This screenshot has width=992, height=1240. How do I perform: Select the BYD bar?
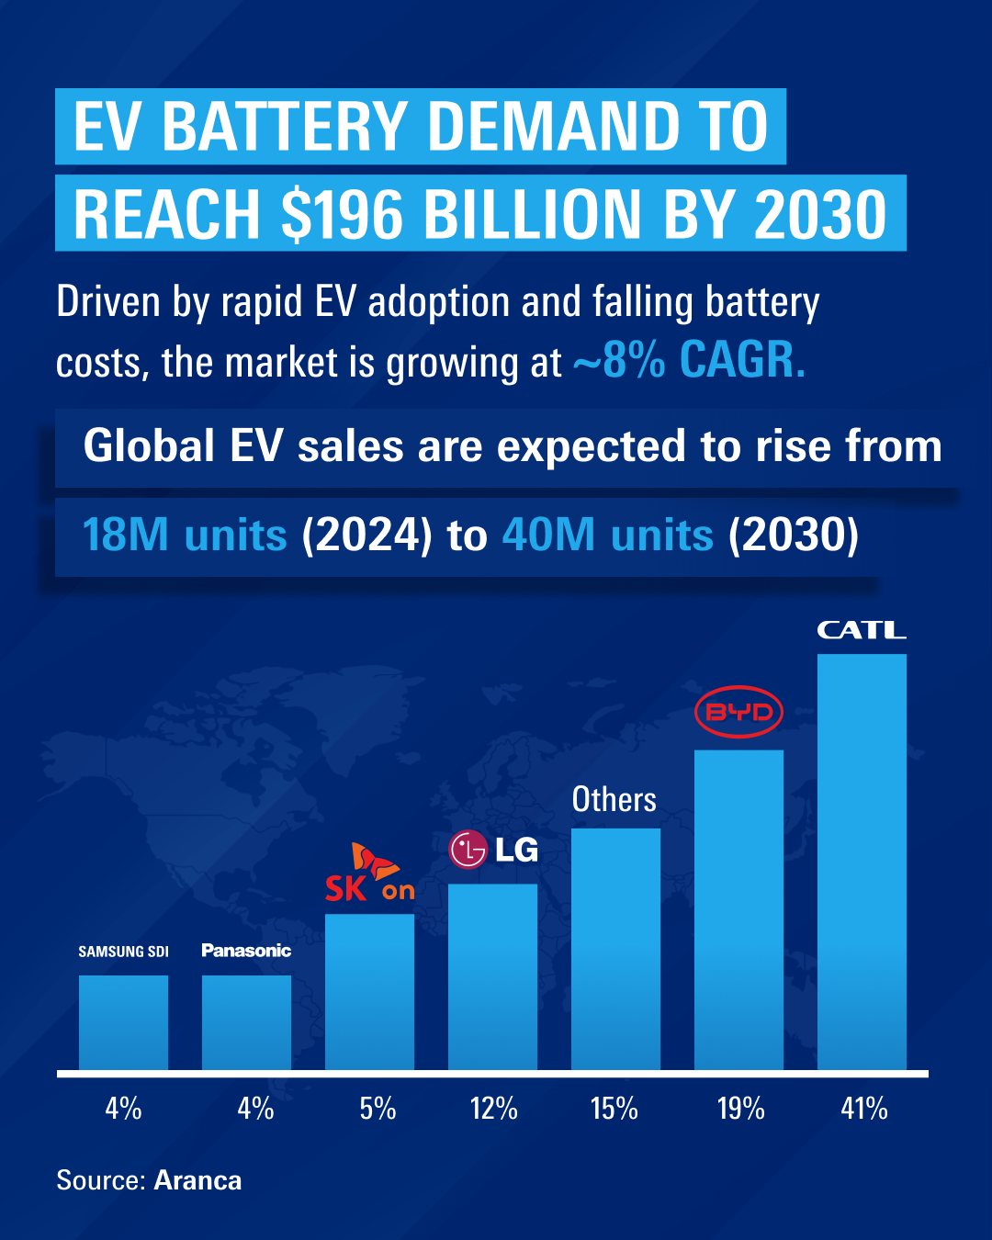click(x=738, y=909)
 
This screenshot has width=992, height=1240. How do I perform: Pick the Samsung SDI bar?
click(x=123, y=1022)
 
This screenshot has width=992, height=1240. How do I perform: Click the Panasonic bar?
click(x=246, y=1022)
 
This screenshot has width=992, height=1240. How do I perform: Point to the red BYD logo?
click(x=738, y=712)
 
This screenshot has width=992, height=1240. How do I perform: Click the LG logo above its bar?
click(x=493, y=850)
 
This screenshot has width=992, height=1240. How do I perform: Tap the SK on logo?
click(x=369, y=874)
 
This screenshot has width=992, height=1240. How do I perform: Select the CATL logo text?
click(x=862, y=630)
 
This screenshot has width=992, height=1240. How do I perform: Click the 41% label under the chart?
click(x=863, y=1109)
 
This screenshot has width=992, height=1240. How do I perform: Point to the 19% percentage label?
click(x=740, y=1109)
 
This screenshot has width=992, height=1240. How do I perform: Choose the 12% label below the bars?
click(x=493, y=1109)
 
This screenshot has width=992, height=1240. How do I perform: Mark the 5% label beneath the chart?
click(x=378, y=1109)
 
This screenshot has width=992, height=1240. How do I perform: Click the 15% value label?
click(x=614, y=1109)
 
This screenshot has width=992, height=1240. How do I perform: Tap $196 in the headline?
click(x=342, y=215)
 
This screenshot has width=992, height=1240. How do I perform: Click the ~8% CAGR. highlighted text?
click(x=689, y=360)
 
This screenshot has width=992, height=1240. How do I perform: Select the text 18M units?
click(x=185, y=535)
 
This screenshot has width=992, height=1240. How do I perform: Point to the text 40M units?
click(x=607, y=535)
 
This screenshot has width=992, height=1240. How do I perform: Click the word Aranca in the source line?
click(x=197, y=1180)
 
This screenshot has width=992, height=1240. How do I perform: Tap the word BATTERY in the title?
click(x=284, y=127)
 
